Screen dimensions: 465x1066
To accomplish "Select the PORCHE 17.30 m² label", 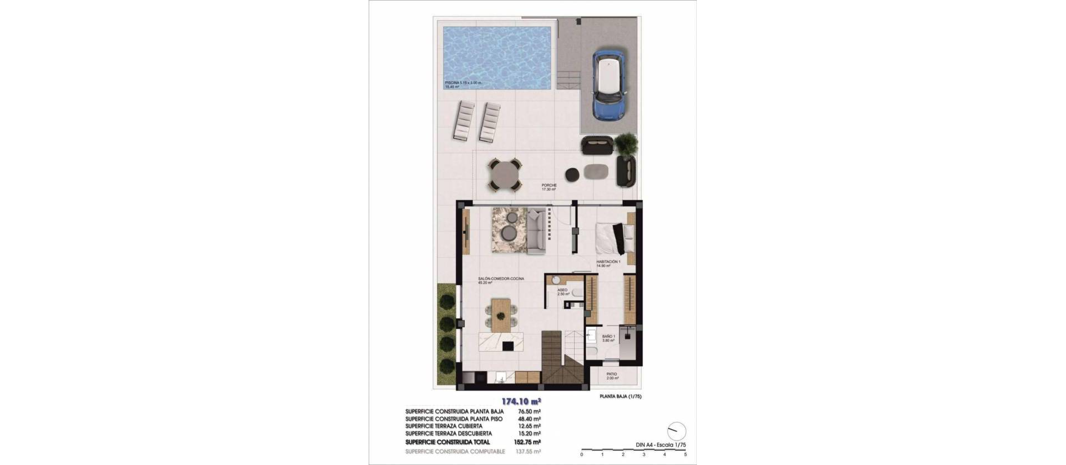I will pos(549,187).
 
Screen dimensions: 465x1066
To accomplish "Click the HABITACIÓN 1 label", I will pos(608,263).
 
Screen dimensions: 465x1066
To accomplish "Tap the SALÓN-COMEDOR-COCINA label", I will pos(501,281).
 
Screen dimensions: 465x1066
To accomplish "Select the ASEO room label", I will pos(563,291).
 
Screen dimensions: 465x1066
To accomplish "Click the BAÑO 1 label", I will pos(609,338).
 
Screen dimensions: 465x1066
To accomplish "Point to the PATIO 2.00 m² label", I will pos(611,376).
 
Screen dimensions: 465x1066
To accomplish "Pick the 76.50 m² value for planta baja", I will pos(529,412).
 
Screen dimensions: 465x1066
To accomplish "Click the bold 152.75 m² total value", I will pos(529,442).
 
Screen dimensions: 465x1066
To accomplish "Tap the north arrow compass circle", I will pos(676,431).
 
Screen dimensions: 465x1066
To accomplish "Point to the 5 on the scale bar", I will pos(685,454).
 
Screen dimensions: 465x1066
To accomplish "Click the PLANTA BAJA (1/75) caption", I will pos(621,397).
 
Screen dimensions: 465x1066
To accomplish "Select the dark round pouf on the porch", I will pos(572,174).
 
